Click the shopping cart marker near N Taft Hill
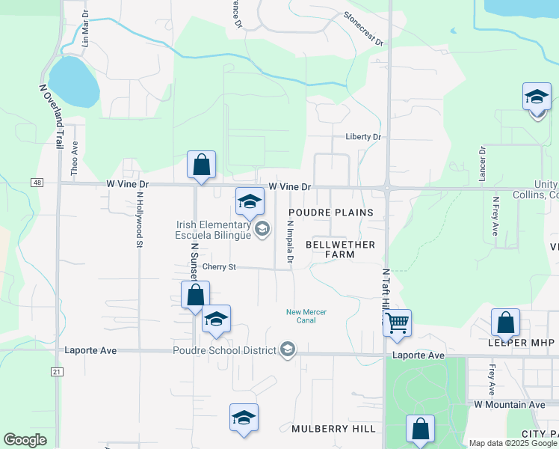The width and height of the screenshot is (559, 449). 397,323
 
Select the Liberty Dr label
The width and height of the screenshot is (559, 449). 363,137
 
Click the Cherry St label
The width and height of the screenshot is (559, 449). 219,266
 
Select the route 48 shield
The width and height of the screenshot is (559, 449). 36,182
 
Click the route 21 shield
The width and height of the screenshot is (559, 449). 57,371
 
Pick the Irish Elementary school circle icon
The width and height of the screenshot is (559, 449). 262,229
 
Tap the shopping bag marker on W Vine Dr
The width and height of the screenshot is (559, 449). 202,165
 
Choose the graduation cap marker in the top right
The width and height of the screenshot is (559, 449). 536,97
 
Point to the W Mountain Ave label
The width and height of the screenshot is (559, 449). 510,404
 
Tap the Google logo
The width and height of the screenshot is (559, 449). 25,440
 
